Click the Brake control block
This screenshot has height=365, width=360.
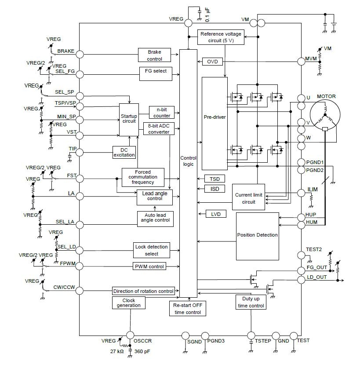[x=154, y=55]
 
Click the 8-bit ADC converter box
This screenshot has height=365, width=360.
[x=159, y=128]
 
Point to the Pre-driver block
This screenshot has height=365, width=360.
[x=215, y=124]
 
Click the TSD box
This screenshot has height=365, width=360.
[x=215, y=179]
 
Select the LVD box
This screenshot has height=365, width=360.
[x=216, y=214]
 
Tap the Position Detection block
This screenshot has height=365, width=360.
[x=257, y=236]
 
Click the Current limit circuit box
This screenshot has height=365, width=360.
[x=249, y=198]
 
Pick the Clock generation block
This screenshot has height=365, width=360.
[x=129, y=303]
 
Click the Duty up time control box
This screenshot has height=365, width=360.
[x=251, y=303]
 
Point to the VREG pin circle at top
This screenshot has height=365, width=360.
[x=188, y=23]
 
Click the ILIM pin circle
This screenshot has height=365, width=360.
[x=301, y=193]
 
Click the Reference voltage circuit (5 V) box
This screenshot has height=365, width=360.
[x=221, y=37]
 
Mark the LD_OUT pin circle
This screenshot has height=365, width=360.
[x=301, y=280]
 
